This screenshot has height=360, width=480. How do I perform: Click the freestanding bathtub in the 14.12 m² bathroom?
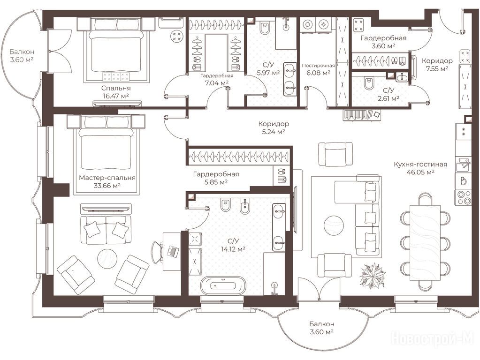pyautogui.click(x=223, y=285)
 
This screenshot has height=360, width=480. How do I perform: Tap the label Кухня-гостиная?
pyautogui.click(x=420, y=164)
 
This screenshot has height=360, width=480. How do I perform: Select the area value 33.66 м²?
pyautogui.click(x=107, y=185)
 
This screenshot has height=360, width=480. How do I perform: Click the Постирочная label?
pyautogui.click(x=319, y=66)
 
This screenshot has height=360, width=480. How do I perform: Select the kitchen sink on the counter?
pyautogui.click(x=463, y=165)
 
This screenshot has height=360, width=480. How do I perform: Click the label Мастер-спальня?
pyautogui.click(x=107, y=178)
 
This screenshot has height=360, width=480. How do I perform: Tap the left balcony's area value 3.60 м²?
pyautogui.click(x=22, y=60)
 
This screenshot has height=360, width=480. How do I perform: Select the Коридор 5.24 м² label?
pyautogui.click(x=274, y=128)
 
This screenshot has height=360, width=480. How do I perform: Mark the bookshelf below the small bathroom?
pyautogui.click(x=362, y=115)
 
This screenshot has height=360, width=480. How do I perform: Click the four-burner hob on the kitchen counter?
pyautogui.click(x=463, y=197)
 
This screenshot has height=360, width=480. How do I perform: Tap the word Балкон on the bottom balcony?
pyautogui.click(x=321, y=324)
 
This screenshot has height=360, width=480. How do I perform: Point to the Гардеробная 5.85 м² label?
pyautogui.click(x=216, y=178)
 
